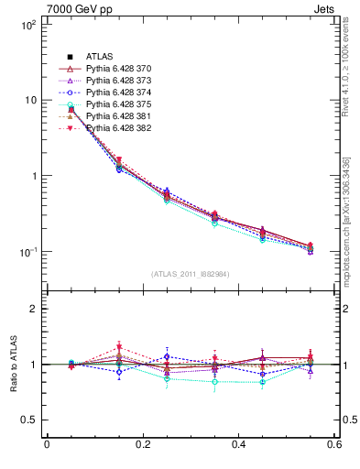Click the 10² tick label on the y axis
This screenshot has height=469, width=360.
[27, 25]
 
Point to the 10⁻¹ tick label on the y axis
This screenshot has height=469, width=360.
[27, 252]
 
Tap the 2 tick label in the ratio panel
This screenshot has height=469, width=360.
[34, 309]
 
